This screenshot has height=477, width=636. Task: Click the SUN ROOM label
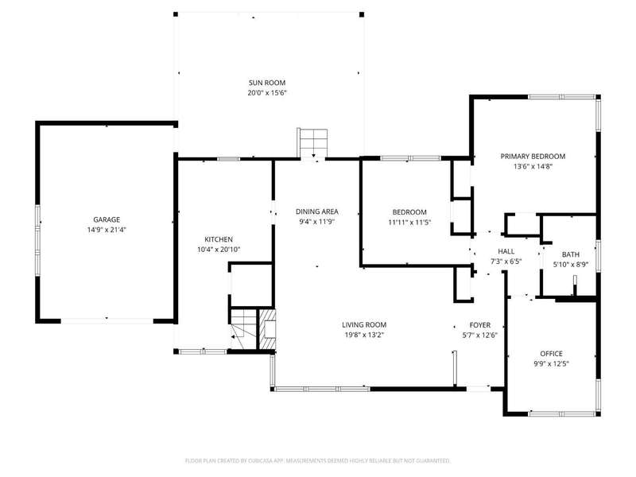pyautogui.click(x=267, y=83)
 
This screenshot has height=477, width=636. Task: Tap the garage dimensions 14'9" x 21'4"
pyautogui.click(x=107, y=230)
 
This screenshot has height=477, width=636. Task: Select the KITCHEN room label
pyautogui.click(x=219, y=239)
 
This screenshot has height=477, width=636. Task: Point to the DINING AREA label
pyautogui.click(x=316, y=211)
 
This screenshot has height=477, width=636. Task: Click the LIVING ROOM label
pyautogui.click(x=364, y=324)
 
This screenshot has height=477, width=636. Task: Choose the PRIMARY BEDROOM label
pyautogui.click(x=533, y=156)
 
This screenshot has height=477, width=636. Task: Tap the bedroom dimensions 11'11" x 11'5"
pyautogui.click(x=409, y=223)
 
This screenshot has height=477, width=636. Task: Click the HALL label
pyautogui.click(x=506, y=251)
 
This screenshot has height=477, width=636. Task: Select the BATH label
pyautogui.click(x=570, y=254)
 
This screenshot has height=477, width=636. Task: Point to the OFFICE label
pyautogui.click(x=551, y=354)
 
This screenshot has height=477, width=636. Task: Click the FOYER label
pyautogui.click(x=480, y=325)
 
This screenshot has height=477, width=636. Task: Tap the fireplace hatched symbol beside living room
pyautogui.click(x=267, y=329)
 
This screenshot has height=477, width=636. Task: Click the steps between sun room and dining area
pyautogui.click(x=313, y=143)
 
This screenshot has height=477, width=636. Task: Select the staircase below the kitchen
pyautogui.click(x=243, y=328)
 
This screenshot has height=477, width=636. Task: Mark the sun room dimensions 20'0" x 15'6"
pyautogui.click(x=267, y=93)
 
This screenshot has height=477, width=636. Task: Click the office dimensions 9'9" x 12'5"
pyautogui.click(x=551, y=364)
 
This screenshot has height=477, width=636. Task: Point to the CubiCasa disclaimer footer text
pyautogui.click(x=317, y=461)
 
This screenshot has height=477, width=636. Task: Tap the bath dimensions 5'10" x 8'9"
pyautogui.click(x=571, y=265)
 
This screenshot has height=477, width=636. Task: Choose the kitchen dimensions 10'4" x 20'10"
pyautogui.click(x=219, y=250)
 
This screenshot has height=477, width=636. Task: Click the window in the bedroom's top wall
pyautogui.click(x=410, y=158)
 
